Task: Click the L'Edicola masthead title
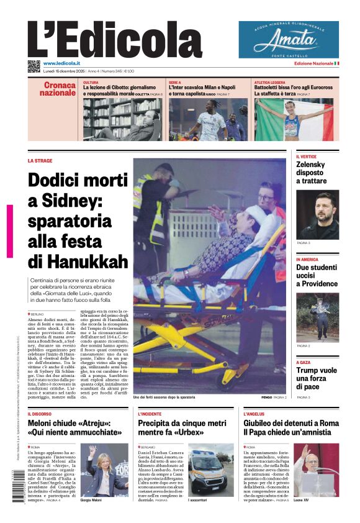click(115, 40)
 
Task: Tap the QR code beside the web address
click(34, 66)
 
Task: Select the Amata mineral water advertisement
click(289, 39)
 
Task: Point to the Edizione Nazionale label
click(313, 64)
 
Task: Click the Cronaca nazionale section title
click(58, 89)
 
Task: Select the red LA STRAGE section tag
click(40, 160)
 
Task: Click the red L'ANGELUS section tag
click(254, 414)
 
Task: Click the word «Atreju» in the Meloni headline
click(94, 422)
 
